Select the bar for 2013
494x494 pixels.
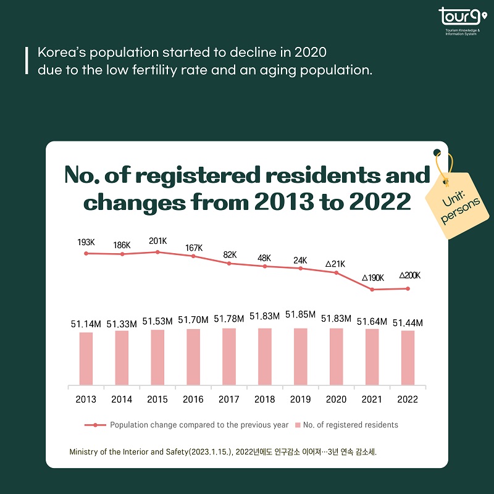click(x=86, y=358)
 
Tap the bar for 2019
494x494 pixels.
click(x=301, y=356)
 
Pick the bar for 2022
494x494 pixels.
click(x=408, y=358)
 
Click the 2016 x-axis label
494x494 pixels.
click(x=193, y=400)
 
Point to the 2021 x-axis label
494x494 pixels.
click(x=372, y=400)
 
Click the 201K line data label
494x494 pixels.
click(x=157, y=241)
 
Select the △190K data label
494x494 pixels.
click(x=373, y=278)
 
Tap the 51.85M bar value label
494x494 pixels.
click(x=301, y=316)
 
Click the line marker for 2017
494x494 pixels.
click(x=229, y=264)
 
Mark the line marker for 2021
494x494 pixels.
click(x=372, y=290)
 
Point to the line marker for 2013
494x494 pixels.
click(x=86, y=253)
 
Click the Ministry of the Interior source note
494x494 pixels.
click(x=223, y=451)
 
